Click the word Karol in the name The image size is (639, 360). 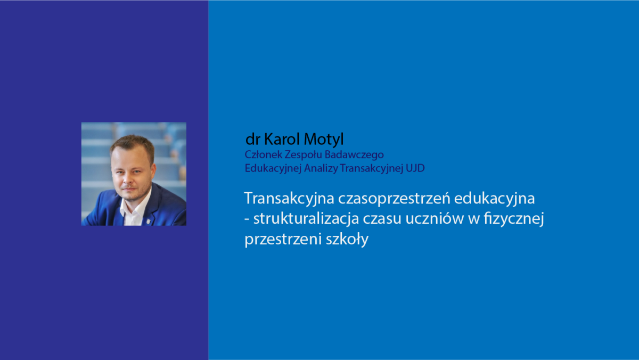click(282, 139)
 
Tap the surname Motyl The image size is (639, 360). click(324, 140)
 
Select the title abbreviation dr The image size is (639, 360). click(253, 139)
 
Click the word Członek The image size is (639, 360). click(263, 154)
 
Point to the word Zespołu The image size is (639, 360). click(304, 155)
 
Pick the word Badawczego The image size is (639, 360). click(354, 155)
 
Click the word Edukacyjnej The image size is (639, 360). click(273, 168)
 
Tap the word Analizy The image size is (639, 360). click(321, 168)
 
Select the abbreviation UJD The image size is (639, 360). click(415, 168)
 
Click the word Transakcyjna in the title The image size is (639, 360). click(289, 199)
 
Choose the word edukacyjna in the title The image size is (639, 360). click(494, 199)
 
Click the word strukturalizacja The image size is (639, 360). click(306, 219)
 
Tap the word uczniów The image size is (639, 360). click(435, 218)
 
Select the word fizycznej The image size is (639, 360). click(514, 219)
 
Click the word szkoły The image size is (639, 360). click(347, 239)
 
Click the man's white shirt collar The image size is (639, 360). click(135, 206)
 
